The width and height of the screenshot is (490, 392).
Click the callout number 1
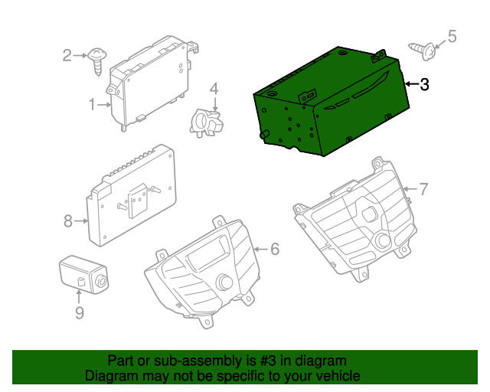coord(92,103)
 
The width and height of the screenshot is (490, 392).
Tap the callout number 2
coord(67,54)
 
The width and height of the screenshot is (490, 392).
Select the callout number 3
coord(424,84)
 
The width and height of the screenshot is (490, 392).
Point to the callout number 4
coord(214,89)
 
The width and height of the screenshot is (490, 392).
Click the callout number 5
coord(451,36)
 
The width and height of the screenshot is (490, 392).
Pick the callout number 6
coord(275,249)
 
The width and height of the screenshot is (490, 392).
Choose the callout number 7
coord(423,188)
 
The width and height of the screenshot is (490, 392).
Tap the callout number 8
coord(67,221)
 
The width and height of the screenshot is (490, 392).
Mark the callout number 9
coord(79,312)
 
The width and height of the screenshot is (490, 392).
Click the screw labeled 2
coord(97,58)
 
